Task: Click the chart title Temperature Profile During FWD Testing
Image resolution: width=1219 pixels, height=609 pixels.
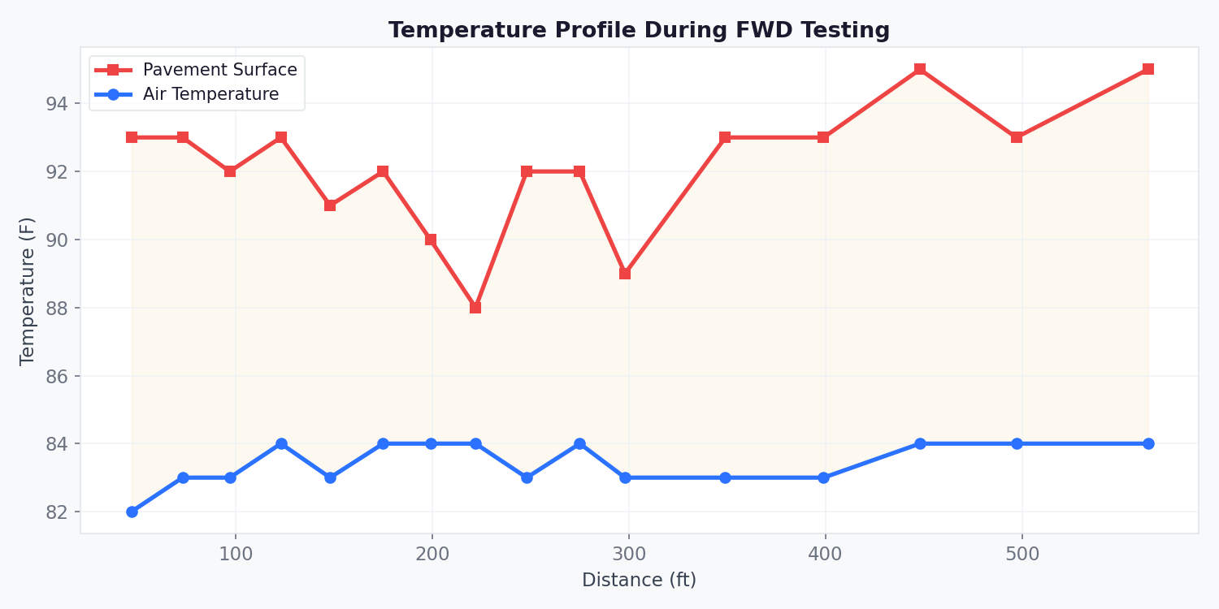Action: click(639, 31)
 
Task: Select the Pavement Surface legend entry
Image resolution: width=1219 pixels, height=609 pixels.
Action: click(219, 70)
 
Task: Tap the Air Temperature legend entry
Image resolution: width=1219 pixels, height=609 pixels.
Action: click(210, 94)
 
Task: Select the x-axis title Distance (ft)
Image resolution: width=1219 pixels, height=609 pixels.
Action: click(639, 580)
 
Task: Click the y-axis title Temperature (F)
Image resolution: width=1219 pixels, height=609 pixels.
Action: click(28, 291)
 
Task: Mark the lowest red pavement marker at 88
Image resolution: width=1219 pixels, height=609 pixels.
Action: click(475, 308)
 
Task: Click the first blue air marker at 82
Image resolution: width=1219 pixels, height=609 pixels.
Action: click(132, 512)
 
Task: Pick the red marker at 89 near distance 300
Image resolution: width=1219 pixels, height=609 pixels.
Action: click(625, 274)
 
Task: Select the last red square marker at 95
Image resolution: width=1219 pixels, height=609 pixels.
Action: click(1147, 69)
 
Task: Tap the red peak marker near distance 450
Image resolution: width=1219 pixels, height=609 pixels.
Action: click(920, 69)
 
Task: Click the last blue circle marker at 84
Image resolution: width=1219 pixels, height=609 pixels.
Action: click(1147, 443)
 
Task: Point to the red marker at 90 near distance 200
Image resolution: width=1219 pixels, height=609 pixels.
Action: click(431, 240)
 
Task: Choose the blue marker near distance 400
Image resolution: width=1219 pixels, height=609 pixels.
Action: click(823, 477)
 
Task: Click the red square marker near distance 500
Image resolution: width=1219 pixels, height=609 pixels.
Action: click(1017, 137)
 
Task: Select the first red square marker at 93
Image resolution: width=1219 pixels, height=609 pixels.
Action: click(132, 137)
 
